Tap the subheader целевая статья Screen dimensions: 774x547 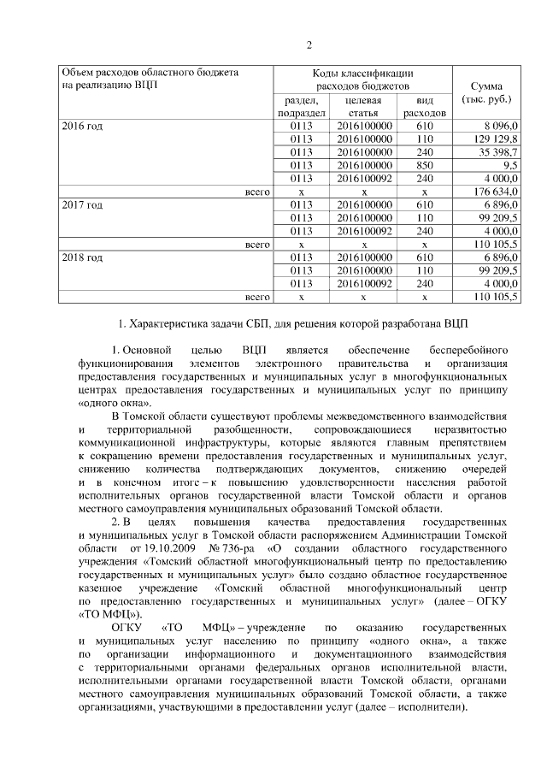click(x=363, y=107)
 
